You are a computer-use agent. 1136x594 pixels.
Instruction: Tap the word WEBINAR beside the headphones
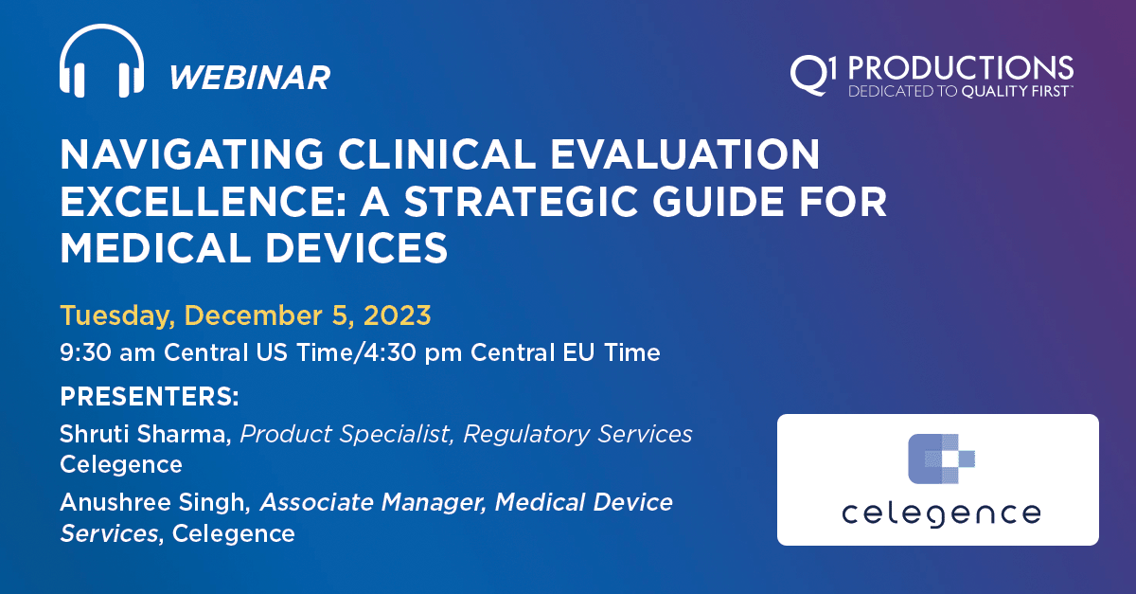coord(249,77)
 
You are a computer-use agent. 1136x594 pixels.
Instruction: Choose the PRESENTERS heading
coord(150,393)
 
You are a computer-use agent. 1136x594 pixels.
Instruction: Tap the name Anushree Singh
coord(153,502)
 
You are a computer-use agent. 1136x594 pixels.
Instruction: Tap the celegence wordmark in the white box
coord(938,514)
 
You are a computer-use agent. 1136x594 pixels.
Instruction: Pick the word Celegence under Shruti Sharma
coord(120,464)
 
